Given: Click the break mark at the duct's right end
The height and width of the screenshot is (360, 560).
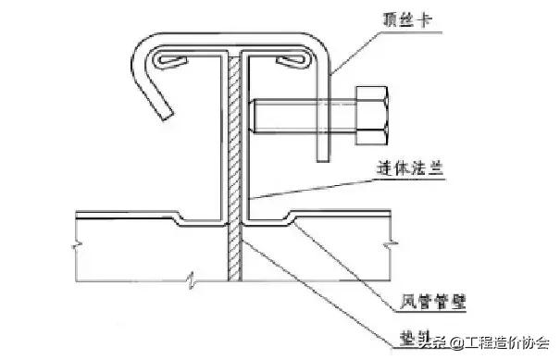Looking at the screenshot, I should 393,244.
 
